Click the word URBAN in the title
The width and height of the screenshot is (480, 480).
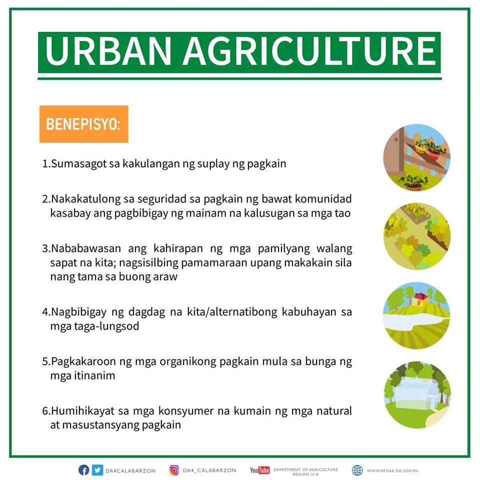[108, 51]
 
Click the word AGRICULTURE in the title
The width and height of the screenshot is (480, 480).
[309, 51]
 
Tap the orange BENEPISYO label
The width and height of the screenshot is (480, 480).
[83, 124]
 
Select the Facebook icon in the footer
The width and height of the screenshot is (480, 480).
[83, 470]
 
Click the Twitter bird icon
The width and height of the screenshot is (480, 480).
[97, 470]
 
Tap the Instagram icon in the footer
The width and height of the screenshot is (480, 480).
[174, 470]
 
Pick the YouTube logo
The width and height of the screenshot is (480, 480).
[259, 470]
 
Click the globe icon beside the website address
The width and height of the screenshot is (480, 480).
[357, 470]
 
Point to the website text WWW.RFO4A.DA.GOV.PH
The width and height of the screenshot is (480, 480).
[392, 470]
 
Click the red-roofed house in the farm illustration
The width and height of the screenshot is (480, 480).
[419, 299]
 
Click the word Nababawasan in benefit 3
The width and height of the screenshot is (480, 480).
[85, 248]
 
